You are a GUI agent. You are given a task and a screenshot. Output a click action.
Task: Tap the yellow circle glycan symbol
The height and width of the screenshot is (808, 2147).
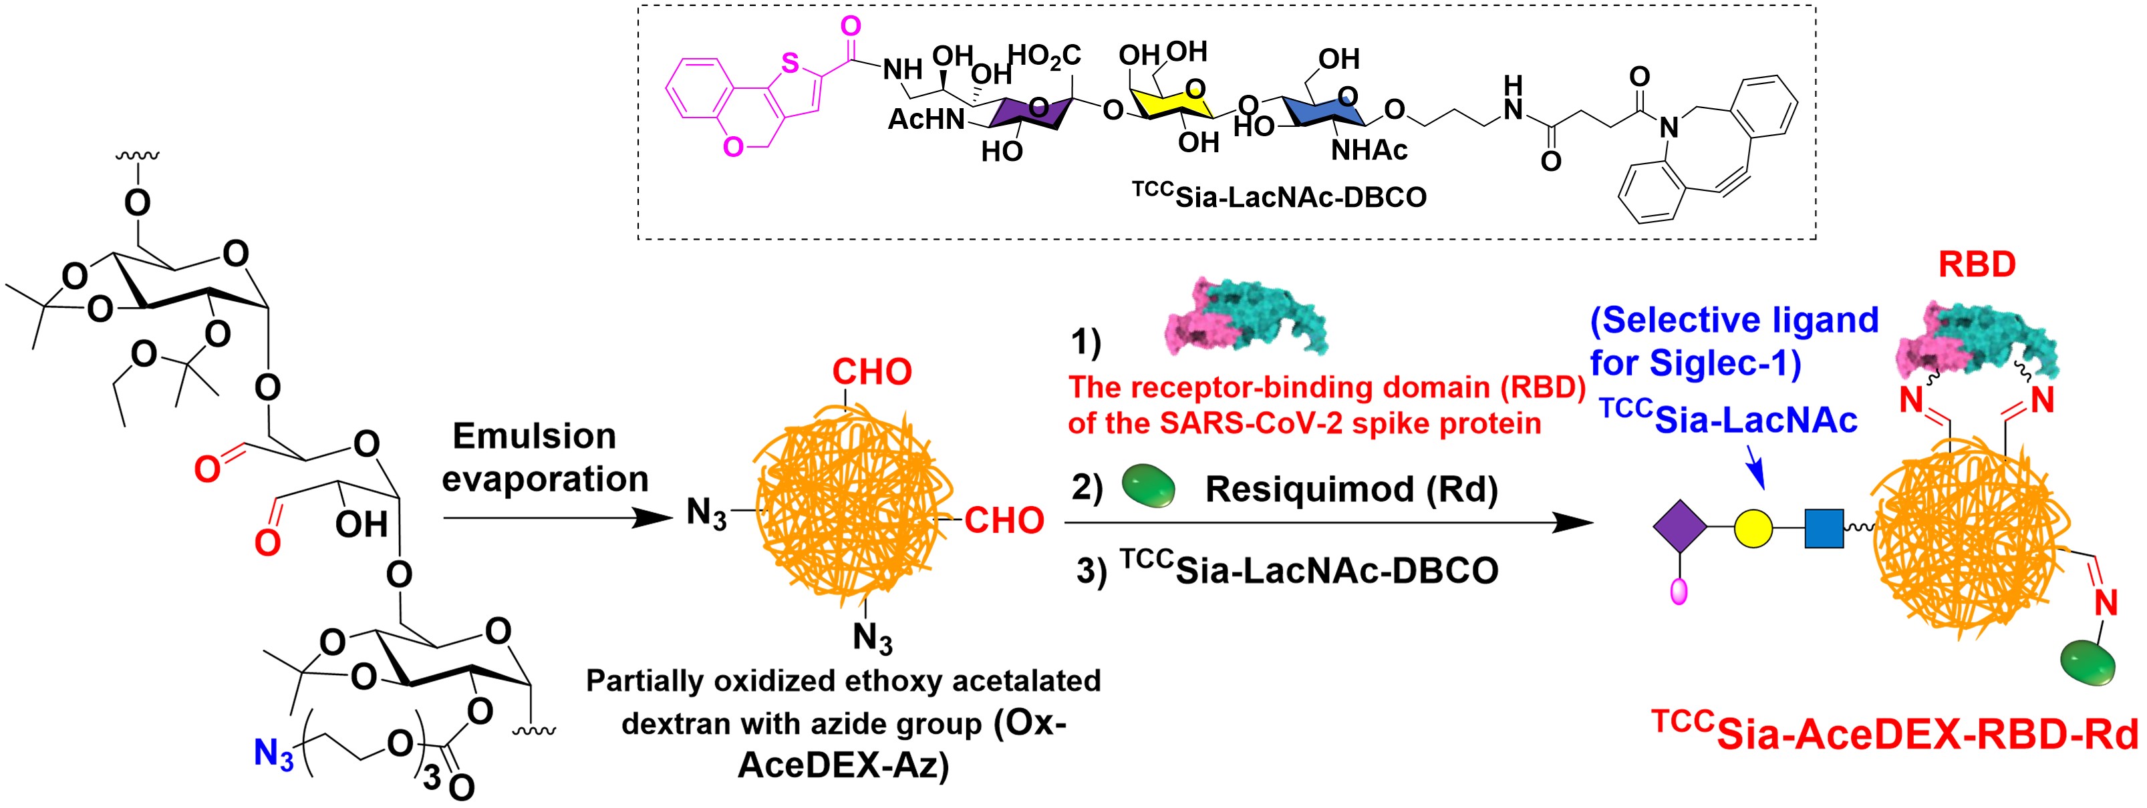point(1752,528)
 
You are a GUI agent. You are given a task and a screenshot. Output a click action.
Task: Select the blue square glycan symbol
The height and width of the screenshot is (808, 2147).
point(1824,528)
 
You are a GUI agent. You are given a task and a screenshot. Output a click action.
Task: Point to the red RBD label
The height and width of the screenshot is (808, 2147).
point(1976,265)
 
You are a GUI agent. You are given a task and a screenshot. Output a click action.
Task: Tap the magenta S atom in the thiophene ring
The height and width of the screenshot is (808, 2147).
point(790,63)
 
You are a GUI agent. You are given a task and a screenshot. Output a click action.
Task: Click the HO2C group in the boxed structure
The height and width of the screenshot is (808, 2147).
point(1044,57)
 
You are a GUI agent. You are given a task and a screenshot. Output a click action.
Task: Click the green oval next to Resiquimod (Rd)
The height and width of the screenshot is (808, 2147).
point(1149,486)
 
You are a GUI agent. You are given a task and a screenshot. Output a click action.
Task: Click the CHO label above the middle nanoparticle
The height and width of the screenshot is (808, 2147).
point(872,371)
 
